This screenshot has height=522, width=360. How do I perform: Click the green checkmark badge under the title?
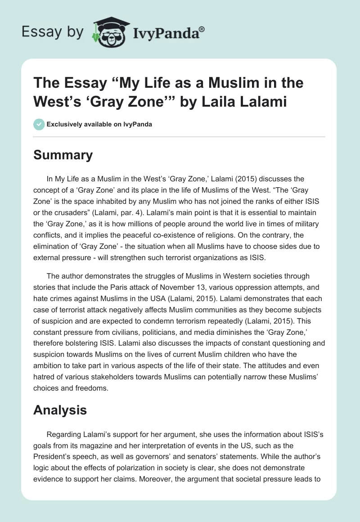39,124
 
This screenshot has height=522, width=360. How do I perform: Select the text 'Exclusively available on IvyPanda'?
99,124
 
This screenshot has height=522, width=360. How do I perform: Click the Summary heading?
63,155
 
